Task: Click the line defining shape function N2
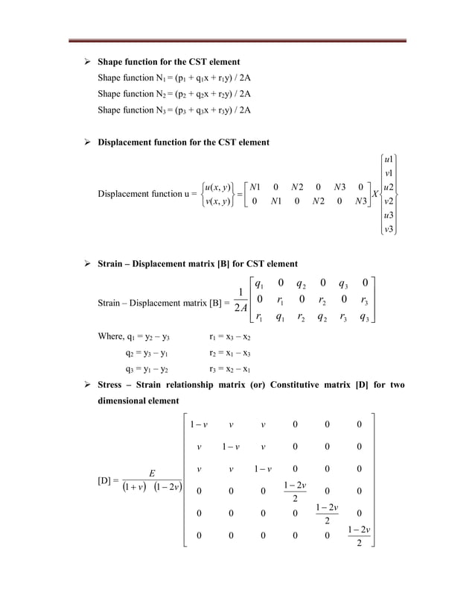[x=173, y=94]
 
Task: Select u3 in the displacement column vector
[x=388, y=216]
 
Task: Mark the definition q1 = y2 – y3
[x=138, y=337]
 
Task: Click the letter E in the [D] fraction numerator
[x=152, y=473]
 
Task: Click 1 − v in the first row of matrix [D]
[x=198, y=425]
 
